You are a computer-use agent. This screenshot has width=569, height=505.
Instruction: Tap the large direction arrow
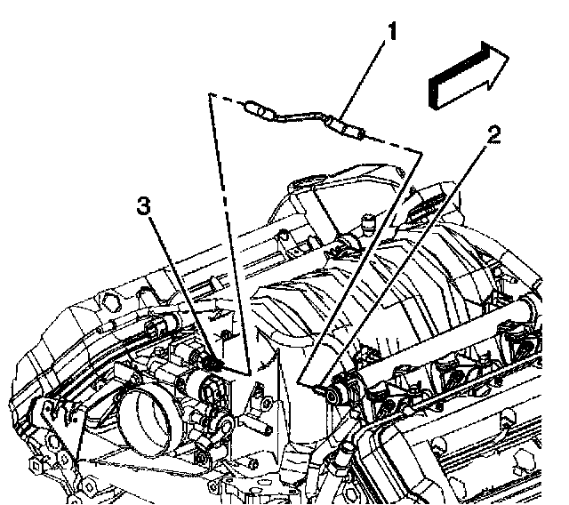pos(468,77)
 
